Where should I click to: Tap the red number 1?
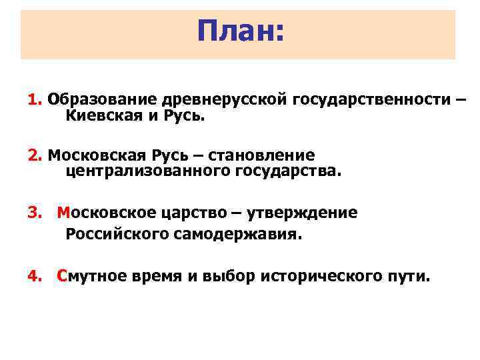pyautogui.click(x=33, y=100)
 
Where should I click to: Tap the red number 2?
pyautogui.click(x=33, y=155)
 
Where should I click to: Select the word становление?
pyautogui.click(x=261, y=155)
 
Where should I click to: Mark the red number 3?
pyautogui.click(x=33, y=213)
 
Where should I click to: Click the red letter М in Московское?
pyautogui.click(x=63, y=213)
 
